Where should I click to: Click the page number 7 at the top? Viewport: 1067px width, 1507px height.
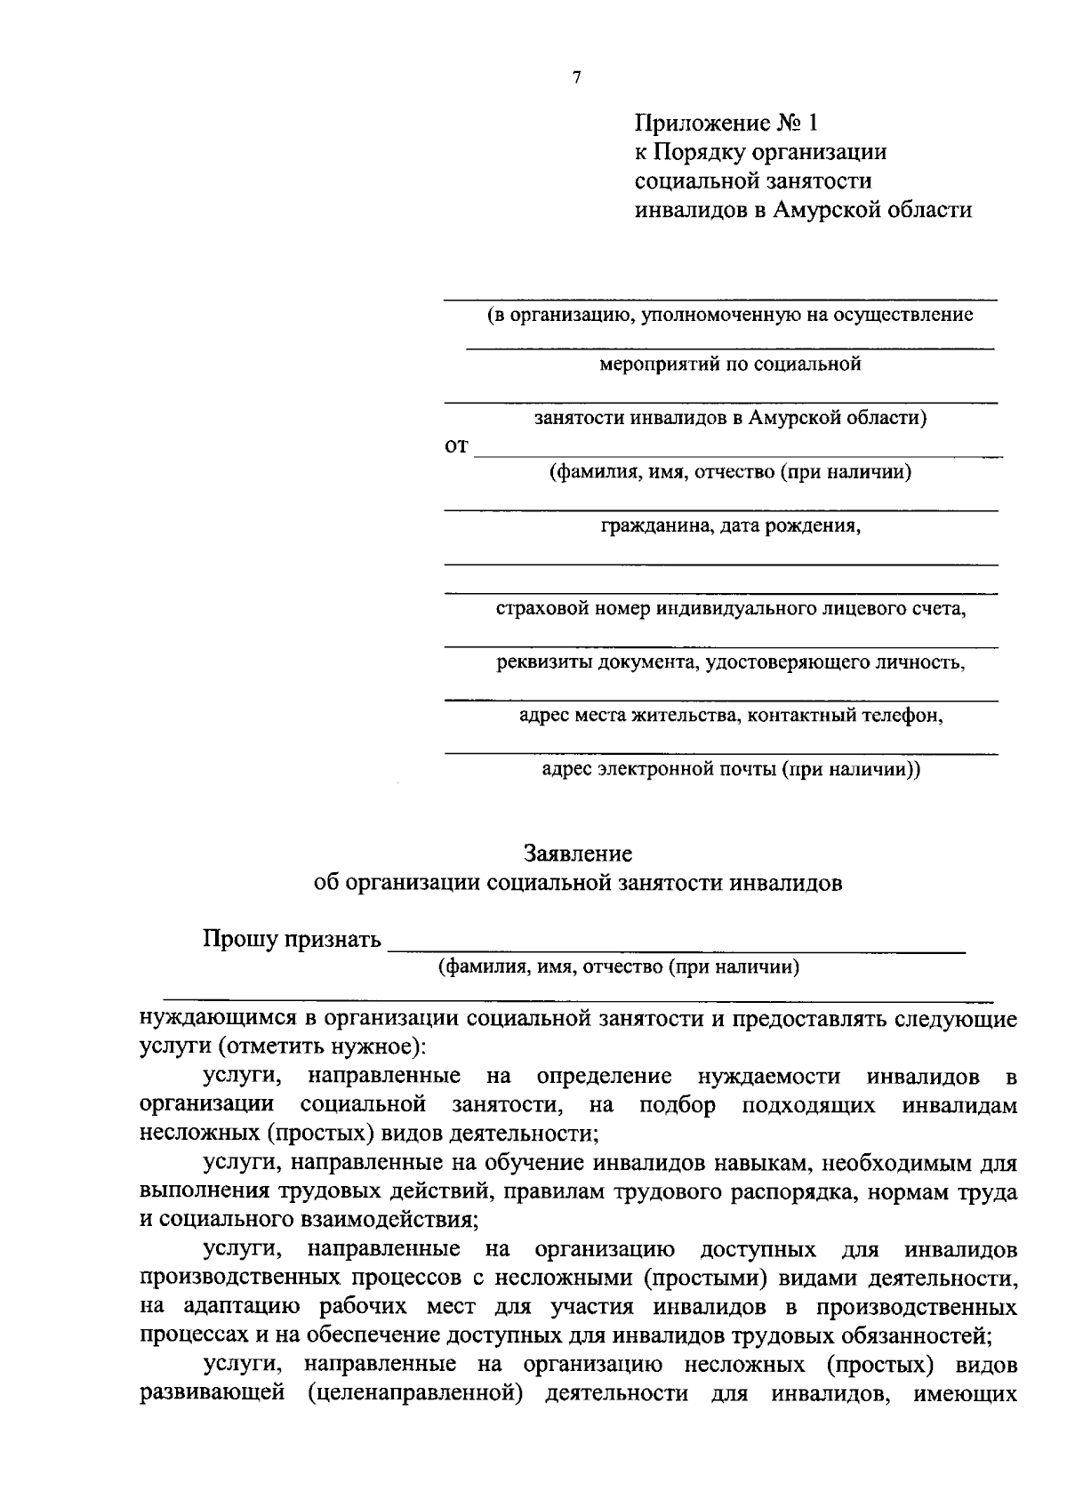point(577,78)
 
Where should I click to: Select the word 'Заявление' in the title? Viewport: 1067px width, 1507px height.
point(578,854)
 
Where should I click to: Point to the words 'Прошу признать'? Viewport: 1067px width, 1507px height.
point(292,939)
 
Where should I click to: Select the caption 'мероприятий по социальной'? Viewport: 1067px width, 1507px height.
point(730,364)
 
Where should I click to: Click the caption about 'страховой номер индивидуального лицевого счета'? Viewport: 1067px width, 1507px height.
point(730,609)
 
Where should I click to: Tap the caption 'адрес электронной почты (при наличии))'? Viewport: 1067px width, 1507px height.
point(731,770)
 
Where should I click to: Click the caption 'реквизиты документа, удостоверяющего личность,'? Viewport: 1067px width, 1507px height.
point(730,662)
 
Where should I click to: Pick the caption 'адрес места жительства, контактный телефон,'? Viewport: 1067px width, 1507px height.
point(730,716)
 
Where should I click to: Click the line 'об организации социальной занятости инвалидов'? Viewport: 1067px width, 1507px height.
point(578,883)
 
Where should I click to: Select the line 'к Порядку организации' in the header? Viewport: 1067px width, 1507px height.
point(760,151)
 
